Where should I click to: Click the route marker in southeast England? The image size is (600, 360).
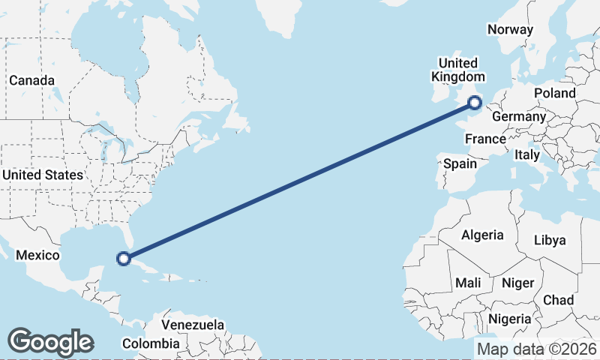(x=474, y=103)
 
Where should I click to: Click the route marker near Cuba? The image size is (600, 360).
(x=124, y=259)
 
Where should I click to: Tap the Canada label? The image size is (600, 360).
(x=31, y=80)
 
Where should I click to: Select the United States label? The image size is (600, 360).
(x=42, y=175)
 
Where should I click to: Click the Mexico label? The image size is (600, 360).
(x=37, y=255)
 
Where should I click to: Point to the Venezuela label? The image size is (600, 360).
(x=193, y=325)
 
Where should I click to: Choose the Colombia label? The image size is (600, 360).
(x=151, y=343)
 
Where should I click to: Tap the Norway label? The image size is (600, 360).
(x=510, y=29)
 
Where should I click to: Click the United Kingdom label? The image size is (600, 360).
(x=457, y=70)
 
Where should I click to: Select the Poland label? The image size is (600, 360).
(x=555, y=93)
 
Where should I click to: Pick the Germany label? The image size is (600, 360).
(x=518, y=117)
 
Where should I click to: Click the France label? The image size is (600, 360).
(x=485, y=139)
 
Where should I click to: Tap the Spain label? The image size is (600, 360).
(x=460, y=163)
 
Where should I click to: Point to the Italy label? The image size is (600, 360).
(x=526, y=155)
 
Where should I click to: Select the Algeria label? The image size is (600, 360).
(x=482, y=235)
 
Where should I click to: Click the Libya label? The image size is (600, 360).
(x=549, y=240)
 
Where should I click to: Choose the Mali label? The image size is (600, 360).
(x=468, y=283)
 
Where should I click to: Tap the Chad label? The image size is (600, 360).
(x=558, y=300)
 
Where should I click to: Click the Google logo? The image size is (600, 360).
(x=50, y=342)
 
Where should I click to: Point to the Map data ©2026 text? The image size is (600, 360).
(x=537, y=349)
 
